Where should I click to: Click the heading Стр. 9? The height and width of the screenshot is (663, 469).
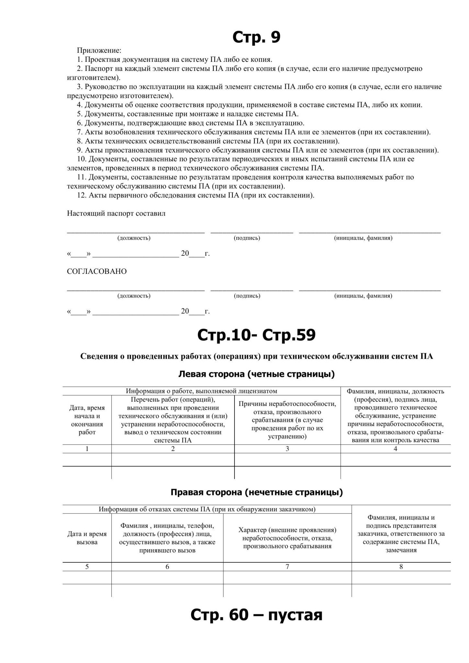pos(256,37)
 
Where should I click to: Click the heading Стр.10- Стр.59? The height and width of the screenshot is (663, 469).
pos(256,335)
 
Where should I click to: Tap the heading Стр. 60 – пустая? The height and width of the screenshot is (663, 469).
pos(256,614)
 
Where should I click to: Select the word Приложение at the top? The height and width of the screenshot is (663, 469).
pos(99,51)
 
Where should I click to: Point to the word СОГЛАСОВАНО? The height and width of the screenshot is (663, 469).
pos(97,271)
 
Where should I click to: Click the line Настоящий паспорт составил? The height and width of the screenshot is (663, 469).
pos(116,213)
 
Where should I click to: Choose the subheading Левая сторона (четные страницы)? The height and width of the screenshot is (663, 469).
pos(256,374)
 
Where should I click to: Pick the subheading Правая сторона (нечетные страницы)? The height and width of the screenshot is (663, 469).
pos(256,492)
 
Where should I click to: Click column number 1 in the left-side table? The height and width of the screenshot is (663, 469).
pos(87,449)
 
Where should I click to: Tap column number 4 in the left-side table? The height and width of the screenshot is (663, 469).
pos(395,449)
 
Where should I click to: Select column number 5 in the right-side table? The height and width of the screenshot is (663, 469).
pos(87,567)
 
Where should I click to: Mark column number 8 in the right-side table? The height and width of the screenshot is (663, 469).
pos(401,567)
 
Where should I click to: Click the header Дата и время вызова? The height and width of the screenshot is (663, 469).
pos(87,538)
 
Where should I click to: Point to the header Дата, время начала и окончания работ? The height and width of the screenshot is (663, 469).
pos(87,420)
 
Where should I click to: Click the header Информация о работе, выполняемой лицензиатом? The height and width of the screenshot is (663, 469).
pos(201,391)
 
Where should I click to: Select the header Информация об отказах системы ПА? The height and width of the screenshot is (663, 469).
pos(207,509)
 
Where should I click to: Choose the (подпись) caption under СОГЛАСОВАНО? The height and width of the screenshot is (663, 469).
pos(247,296)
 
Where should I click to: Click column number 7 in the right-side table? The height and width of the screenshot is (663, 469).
pos(287,567)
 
